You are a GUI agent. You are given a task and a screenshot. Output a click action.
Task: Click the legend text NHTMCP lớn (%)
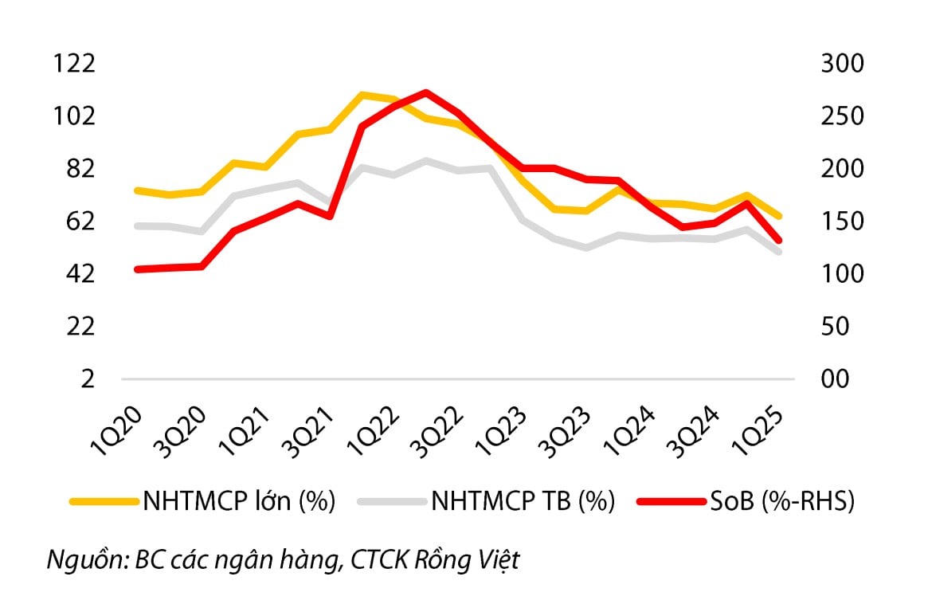239,501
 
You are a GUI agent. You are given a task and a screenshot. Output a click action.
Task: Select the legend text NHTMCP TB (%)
523,501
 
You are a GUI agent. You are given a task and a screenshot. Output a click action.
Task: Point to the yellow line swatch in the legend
104,501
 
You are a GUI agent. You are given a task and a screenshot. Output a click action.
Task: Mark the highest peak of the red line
426,92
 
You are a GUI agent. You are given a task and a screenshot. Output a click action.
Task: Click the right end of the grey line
779,251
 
